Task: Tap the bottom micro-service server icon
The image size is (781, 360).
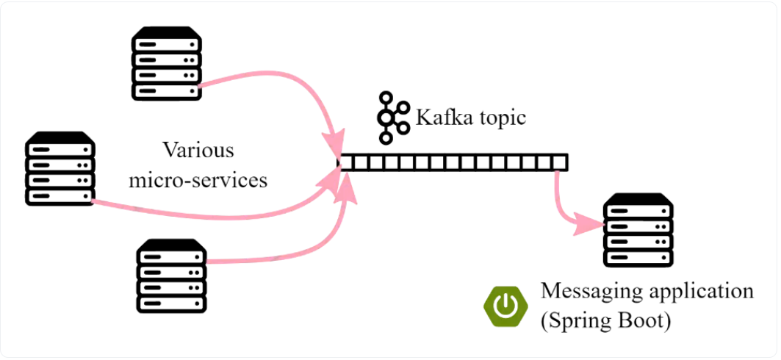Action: (x=172, y=276)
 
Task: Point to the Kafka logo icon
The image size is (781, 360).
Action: (x=392, y=118)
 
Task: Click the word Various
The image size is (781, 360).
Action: (x=198, y=151)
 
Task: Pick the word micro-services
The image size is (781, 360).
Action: (x=198, y=180)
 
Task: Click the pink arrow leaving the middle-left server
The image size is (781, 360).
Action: (x=220, y=215)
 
